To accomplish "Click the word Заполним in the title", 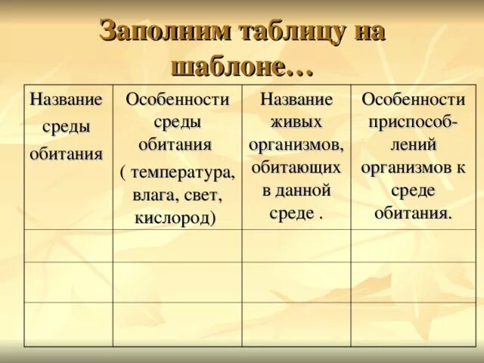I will point(156,31).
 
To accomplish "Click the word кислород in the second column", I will point(175,218).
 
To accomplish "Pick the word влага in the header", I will point(154,196).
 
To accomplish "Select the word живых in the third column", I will point(296,122).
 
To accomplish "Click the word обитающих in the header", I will point(296,166).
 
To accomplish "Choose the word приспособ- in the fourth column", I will point(413,122).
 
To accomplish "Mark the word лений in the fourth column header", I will point(413,144).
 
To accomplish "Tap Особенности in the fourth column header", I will point(413,99).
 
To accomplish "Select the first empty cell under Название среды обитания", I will point(68,246).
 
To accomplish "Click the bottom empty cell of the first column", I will point(68,324).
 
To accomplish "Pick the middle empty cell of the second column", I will point(178,282).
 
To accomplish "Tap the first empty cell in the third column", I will point(296,246).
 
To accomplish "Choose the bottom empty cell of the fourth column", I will point(414,324).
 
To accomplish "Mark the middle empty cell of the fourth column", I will point(414,282).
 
